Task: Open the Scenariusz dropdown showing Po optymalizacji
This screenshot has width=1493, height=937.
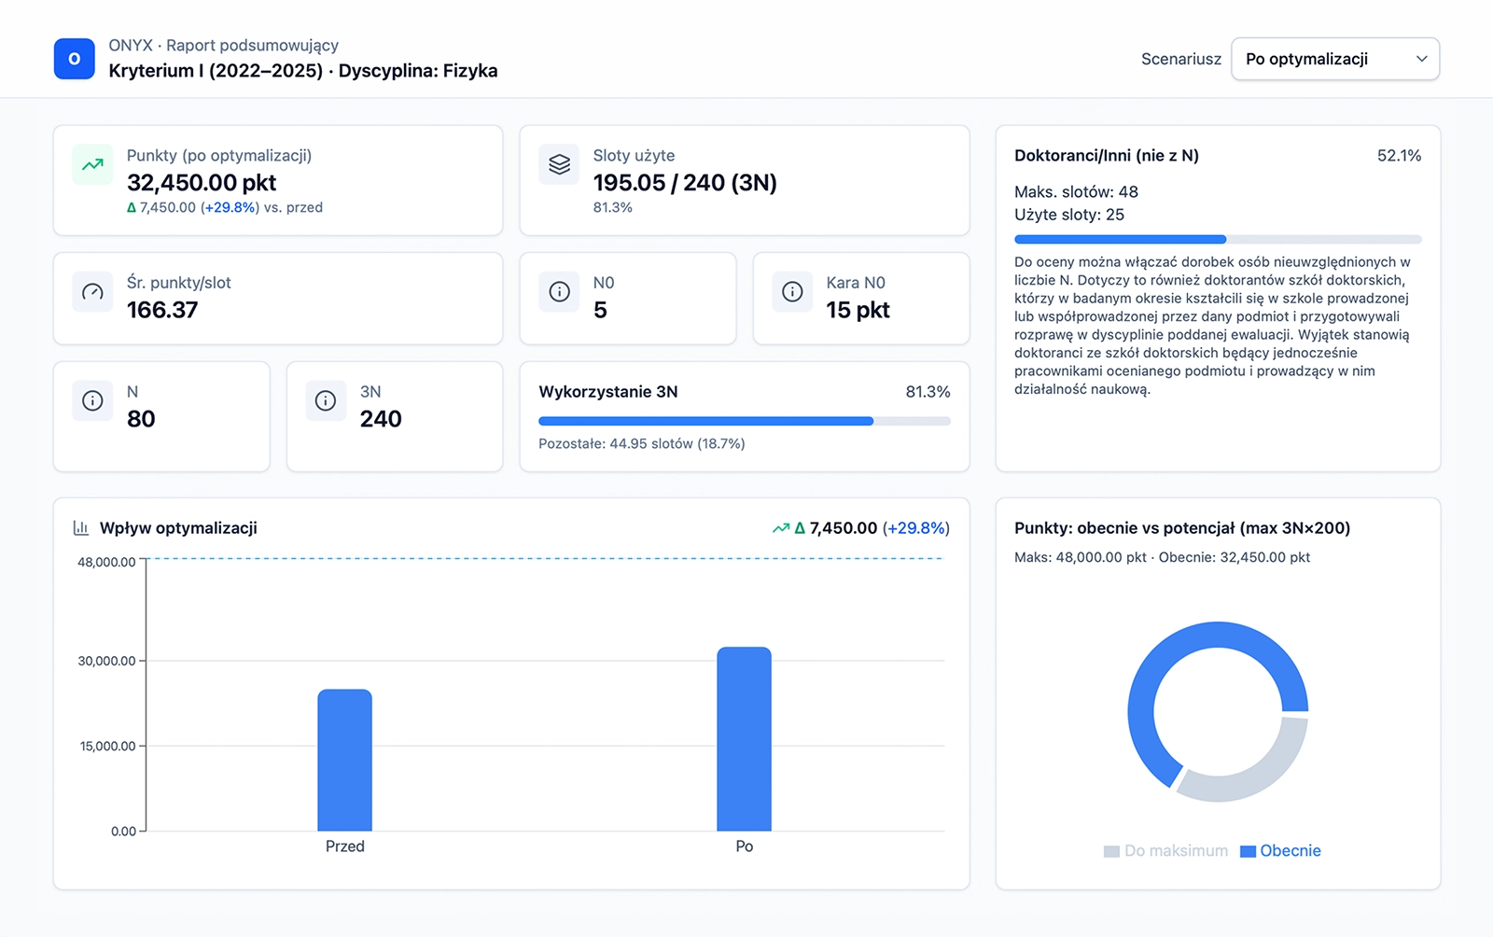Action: (1334, 59)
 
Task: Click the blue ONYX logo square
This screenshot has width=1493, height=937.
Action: (75, 59)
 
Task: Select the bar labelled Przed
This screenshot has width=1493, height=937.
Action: (344, 760)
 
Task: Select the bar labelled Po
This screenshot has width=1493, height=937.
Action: (744, 738)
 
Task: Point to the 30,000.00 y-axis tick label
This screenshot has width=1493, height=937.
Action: (106, 661)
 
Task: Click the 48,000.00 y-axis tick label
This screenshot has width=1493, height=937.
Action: (106, 562)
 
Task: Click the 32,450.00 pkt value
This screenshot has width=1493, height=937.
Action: (202, 182)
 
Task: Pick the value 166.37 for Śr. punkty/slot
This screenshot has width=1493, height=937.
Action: (162, 310)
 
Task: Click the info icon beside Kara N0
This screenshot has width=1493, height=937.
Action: (792, 292)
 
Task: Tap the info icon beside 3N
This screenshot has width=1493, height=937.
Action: (326, 401)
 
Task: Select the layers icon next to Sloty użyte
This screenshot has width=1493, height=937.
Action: (559, 165)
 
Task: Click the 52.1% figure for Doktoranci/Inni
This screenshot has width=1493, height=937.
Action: (1399, 156)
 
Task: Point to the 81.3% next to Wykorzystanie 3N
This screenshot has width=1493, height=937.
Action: (928, 392)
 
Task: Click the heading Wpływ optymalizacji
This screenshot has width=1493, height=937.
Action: (178, 528)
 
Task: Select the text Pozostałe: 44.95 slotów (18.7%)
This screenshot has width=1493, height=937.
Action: (641, 443)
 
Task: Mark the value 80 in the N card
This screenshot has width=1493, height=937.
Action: (141, 419)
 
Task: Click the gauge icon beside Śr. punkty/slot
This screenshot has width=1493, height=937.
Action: (92, 292)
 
